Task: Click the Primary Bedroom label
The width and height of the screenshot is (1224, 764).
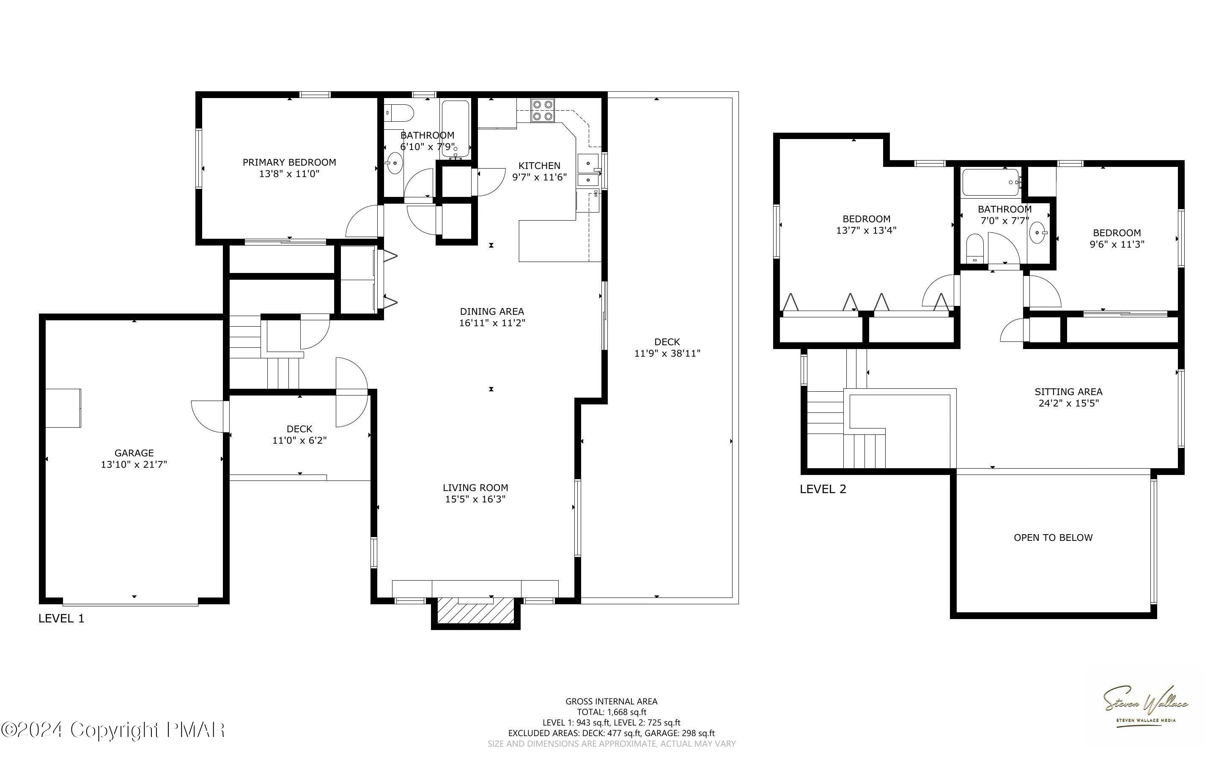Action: pyautogui.click(x=289, y=162)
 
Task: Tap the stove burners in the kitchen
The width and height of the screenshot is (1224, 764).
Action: pyautogui.click(x=543, y=111)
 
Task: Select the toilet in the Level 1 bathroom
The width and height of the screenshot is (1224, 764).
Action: pyautogui.click(x=398, y=113)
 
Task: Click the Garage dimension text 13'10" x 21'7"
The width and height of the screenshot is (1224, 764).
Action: pyautogui.click(x=134, y=464)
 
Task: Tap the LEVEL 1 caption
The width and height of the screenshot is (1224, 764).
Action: pyautogui.click(x=61, y=619)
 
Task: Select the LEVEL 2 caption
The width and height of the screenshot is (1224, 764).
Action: pyautogui.click(x=823, y=489)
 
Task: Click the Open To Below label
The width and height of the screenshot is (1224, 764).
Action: pyautogui.click(x=1053, y=538)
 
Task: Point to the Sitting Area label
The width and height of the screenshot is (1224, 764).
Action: pyautogui.click(x=1068, y=392)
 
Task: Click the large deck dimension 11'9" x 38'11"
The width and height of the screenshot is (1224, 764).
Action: pyautogui.click(x=667, y=353)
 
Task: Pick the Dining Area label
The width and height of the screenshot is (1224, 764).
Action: pyautogui.click(x=491, y=311)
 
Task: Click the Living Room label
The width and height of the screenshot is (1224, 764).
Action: pyautogui.click(x=475, y=488)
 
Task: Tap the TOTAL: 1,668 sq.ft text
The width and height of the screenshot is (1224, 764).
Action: pyautogui.click(x=611, y=712)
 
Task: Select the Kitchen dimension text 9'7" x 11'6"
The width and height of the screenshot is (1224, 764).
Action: pyautogui.click(x=539, y=177)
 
